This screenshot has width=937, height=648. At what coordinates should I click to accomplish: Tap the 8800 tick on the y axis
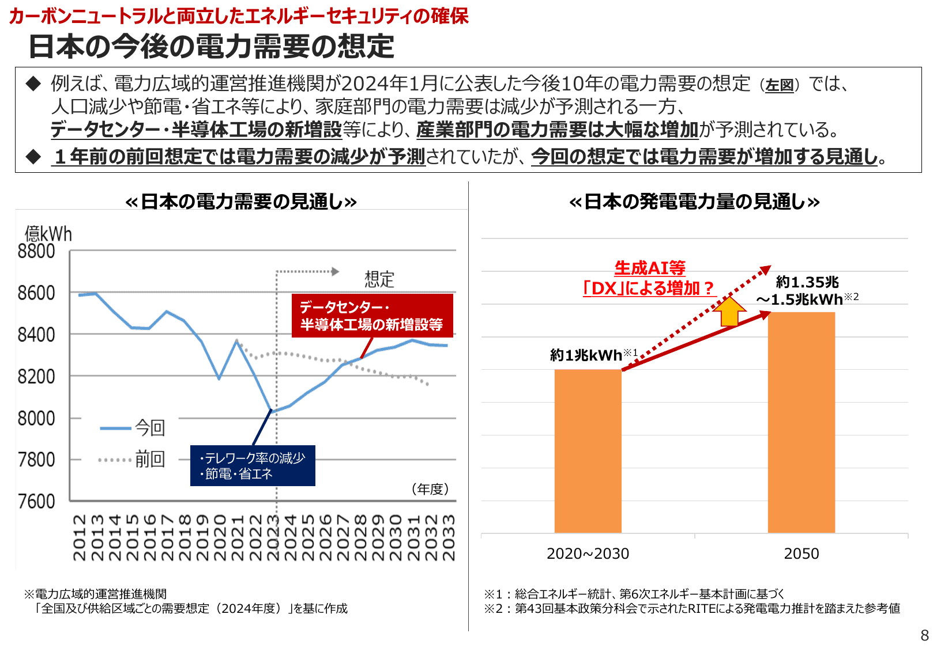click(36, 251)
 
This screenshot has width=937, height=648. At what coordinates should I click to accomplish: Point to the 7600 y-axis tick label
click(36, 501)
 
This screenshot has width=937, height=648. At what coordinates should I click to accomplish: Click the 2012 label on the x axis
click(80, 537)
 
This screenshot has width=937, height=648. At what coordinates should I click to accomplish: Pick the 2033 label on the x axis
click(448, 537)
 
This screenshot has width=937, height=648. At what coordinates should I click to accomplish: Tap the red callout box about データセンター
click(372, 316)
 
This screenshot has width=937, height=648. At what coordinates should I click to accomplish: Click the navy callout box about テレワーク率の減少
click(253, 465)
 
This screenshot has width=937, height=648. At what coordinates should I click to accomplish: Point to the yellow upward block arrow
click(729, 312)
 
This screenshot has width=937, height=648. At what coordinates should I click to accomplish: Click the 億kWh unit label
click(48, 233)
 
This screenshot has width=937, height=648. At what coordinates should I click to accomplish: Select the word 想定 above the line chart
click(379, 279)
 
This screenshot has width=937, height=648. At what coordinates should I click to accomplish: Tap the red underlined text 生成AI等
click(650, 268)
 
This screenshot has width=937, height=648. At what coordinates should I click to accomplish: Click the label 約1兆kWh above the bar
click(586, 355)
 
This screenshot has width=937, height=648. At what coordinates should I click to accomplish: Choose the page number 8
click(924, 635)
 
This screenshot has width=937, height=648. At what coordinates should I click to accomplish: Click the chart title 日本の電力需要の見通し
click(241, 202)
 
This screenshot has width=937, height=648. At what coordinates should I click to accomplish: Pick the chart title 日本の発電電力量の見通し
click(694, 202)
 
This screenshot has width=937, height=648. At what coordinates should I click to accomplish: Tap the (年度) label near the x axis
click(430, 489)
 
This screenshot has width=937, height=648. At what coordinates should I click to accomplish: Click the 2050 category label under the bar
click(801, 554)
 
